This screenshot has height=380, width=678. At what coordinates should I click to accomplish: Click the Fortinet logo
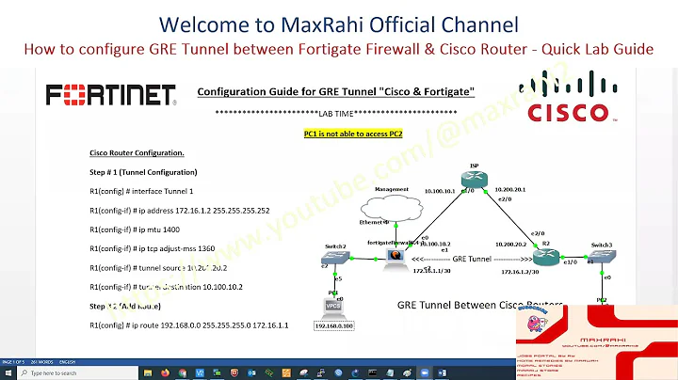click(x=111, y=95)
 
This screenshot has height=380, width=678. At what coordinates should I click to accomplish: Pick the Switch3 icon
click(x=602, y=259)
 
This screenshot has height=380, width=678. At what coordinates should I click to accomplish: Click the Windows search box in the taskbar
click(x=66, y=372)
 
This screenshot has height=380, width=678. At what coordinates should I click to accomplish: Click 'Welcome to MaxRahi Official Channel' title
click(x=338, y=23)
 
